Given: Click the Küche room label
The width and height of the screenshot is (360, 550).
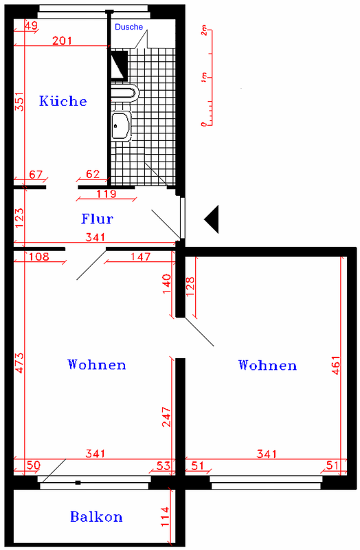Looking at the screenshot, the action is pyautogui.click(x=63, y=101).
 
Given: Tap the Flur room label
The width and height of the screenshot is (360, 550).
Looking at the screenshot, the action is pyautogui.click(x=97, y=219).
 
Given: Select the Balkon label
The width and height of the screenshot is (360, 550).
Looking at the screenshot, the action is pyautogui.click(x=96, y=517).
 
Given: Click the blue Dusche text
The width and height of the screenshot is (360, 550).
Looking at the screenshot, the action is pyautogui.click(x=128, y=27).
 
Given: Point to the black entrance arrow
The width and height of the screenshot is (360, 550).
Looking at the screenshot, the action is pyautogui.click(x=212, y=219).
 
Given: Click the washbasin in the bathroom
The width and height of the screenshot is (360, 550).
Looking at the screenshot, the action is pyautogui.click(x=122, y=126).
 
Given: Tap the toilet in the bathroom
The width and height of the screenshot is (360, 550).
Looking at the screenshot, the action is pyautogui.click(x=125, y=93).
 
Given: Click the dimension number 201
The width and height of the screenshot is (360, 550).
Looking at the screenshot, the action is pyautogui.click(x=62, y=41).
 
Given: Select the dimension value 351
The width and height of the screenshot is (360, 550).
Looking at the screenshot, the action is pyautogui.click(x=20, y=101).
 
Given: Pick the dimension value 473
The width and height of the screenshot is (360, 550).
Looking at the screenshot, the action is pyautogui.click(x=20, y=363).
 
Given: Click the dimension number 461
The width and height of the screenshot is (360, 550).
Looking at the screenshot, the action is pyautogui.click(x=335, y=366).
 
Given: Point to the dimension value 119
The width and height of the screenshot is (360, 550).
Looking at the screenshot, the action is pyautogui.click(x=106, y=194).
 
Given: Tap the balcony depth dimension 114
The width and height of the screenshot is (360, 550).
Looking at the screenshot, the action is pyautogui.click(x=165, y=516).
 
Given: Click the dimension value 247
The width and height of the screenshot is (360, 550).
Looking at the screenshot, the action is pyautogui.click(x=166, y=417).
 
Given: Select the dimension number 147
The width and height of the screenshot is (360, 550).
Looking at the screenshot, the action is pyautogui.click(x=141, y=256).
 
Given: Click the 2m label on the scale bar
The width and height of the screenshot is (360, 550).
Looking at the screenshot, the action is pyautogui.click(x=204, y=31).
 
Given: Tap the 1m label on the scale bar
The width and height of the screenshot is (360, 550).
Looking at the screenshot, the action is pyautogui.click(x=204, y=78).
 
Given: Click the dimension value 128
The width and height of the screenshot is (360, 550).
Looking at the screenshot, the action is pyautogui.click(x=190, y=287).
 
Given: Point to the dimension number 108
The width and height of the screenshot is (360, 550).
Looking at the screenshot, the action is pyautogui.click(x=39, y=256).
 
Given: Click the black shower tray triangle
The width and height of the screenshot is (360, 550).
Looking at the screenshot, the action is pyautogui.click(x=119, y=64).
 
